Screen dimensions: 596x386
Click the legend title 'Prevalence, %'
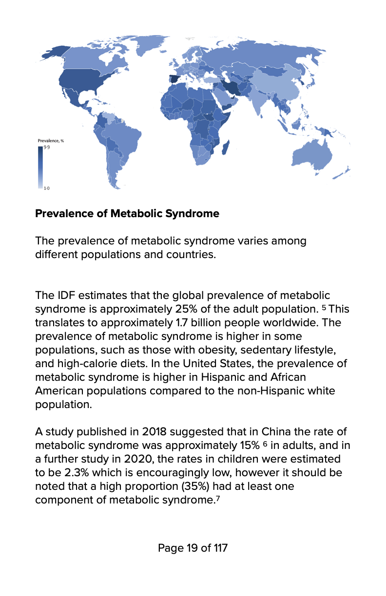tap(51, 141)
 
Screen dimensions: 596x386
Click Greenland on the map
tap(146, 44)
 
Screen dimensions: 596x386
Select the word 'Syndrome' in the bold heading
tap(194, 214)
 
